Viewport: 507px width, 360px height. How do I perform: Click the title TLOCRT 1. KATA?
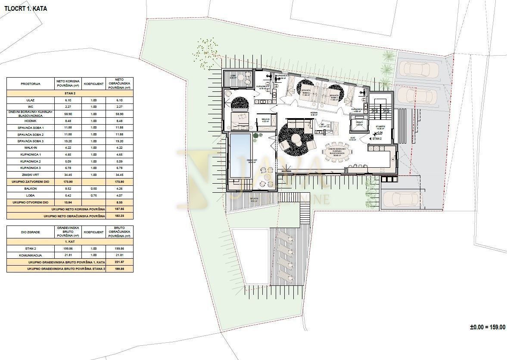pyautogui.click(x=26, y=8)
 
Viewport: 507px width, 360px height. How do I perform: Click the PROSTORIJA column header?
pyautogui.click(x=30, y=84)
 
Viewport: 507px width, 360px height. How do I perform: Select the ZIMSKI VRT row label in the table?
pyautogui.click(x=30, y=175)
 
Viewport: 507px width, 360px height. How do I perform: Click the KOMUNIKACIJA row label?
pyautogui.click(x=30, y=255)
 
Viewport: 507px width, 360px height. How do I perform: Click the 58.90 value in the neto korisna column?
pyautogui.click(x=65, y=114)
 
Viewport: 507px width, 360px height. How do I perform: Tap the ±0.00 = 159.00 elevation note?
pyautogui.click(x=487, y=328)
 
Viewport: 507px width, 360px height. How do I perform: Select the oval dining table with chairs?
pyautogui.click(x=338, y=151)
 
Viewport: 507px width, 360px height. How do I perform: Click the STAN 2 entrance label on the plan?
pyautogui.click(x=377, y=139)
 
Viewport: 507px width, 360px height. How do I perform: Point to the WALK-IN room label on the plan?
pyautogui.click(x=265, y=120)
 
